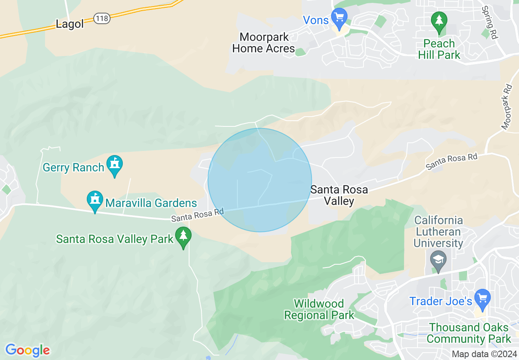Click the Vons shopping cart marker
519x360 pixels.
339,18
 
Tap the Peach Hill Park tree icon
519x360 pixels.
439,20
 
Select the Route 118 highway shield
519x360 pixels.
102,18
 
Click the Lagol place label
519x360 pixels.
70,24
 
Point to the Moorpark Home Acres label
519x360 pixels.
264,43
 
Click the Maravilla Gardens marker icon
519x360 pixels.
95,201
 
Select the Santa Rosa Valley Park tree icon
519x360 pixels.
183,236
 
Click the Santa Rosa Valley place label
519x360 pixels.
339,195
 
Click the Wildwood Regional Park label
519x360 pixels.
319,309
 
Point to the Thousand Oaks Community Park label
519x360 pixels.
469,333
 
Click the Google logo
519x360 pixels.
27,350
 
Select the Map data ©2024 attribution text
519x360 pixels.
484,354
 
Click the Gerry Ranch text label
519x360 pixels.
74,167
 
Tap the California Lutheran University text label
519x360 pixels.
438,232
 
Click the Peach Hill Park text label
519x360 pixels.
439,49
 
